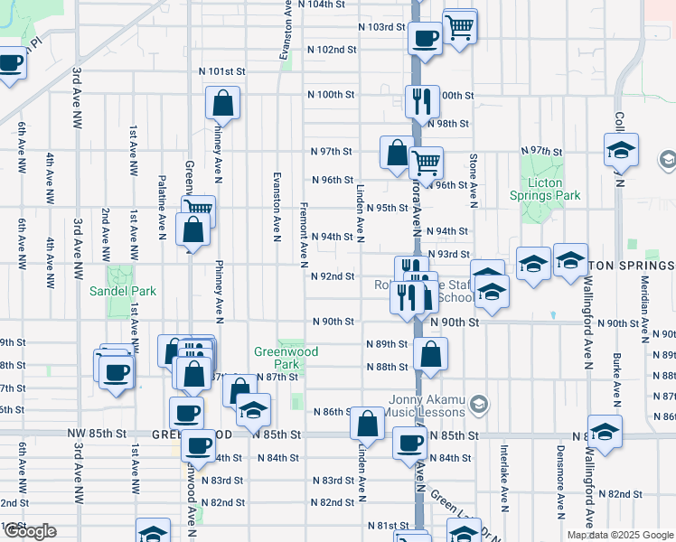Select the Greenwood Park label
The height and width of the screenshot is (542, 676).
(x=276, y=358)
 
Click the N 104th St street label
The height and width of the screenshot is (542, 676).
(x=335, y=5)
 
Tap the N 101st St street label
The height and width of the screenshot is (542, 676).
(x=221, y=70)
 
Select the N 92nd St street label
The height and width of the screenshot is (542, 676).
(x=332, y=276)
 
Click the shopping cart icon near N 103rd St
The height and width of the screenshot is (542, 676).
(x=460, y=27)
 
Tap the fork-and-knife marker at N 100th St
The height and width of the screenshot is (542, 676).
(x=422, y=100)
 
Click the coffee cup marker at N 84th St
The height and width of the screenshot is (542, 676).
(x=409, y=444)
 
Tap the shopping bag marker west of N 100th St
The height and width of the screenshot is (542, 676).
(x=222, y=103)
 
